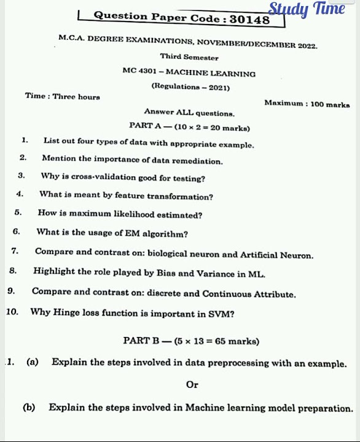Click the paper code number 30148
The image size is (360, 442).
(x=249, y=20)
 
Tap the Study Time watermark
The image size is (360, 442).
(x=307, y=9)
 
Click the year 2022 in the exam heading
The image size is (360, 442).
(x=307, y=45)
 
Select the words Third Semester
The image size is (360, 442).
(x=189, y=57)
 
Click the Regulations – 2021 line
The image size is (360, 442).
(x=190, y=87)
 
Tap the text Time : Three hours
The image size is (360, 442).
(x=62, y=96)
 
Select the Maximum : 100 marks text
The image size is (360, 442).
(x=307, y=104)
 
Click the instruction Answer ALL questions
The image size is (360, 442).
(x=189, y=112)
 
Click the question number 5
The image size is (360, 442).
(x=18, y=213)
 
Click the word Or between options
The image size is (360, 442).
(x=192, y=384)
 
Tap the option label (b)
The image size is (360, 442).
(x=28, y=408)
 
